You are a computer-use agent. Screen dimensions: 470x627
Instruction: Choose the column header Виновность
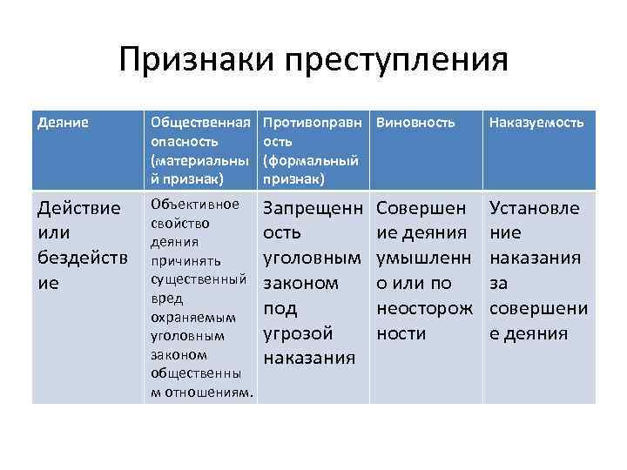point(415,124)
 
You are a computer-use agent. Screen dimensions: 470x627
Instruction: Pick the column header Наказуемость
point(536,124)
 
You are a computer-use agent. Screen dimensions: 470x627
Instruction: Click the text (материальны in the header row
point(200,161)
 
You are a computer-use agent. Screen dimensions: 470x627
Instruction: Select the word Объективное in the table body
point(195,205)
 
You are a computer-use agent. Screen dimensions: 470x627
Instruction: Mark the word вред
point(167,298)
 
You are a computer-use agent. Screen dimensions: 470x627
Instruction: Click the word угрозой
point(298,333)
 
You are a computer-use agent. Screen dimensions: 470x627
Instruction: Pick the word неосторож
point(425,309)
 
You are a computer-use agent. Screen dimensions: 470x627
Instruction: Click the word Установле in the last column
point(534,210)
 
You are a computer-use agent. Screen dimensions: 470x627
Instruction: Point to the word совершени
point(539,309)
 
